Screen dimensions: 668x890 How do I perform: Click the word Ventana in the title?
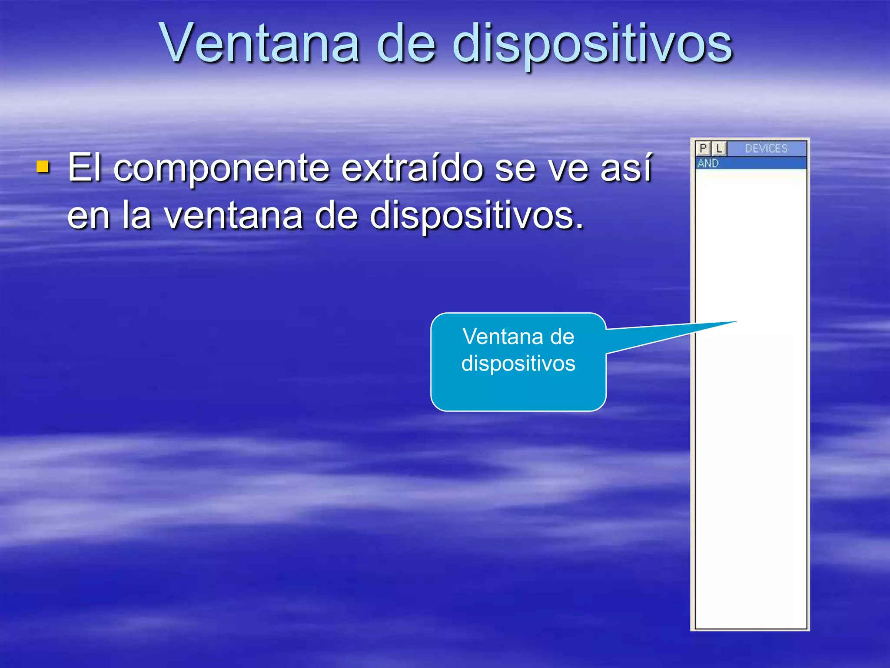[260, 43]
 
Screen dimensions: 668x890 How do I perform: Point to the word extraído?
[412, 168]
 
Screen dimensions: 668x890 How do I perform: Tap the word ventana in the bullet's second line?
[233, 216]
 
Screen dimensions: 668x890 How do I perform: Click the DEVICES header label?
[766, 149]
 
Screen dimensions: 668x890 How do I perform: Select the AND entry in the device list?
[708, 164]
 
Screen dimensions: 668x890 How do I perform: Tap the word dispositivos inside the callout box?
[518, 363]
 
